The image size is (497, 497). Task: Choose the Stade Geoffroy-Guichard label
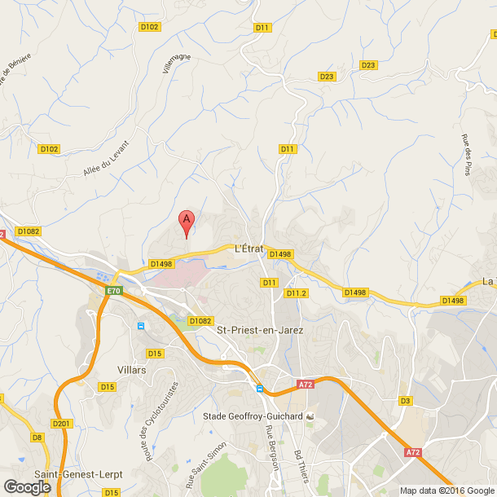tap(252, 416)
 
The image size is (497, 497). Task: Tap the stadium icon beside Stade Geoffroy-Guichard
tap(310, 416)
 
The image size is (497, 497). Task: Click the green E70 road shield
tap(113, 291)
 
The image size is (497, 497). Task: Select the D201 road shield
tap(61, 424)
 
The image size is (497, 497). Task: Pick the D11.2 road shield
tap(295, 293)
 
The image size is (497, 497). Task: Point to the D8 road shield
tap(37, 438)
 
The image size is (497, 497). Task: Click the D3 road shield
tap(405, 401)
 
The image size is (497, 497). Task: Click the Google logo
tap(27, 486)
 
